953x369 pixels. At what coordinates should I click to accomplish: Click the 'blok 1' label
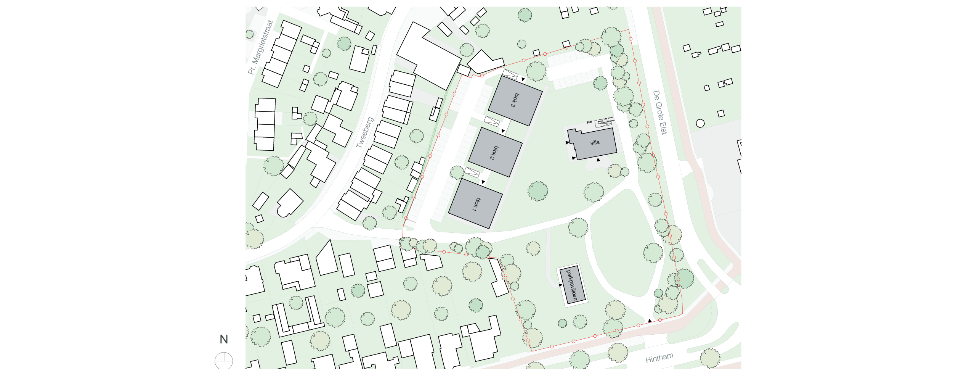pos(476,205)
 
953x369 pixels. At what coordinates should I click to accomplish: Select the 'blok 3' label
pos(515,100)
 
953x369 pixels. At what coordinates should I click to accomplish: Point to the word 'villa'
pos(595,143)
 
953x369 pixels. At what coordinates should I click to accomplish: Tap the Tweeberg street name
pos(364,132)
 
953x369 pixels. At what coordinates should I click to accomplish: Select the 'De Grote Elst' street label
pos(660,112)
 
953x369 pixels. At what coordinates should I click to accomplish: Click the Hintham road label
pos(659,358)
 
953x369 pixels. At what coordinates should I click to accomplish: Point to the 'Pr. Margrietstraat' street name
pos(261,47)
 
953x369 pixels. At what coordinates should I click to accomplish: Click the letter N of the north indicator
pos(224,339)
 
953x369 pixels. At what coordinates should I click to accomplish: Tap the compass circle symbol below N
pos(224,361)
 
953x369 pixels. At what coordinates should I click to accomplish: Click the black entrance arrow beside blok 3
pos(523,79)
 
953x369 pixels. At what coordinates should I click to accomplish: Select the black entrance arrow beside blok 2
pos(503,131)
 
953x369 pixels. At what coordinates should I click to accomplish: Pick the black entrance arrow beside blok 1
pos(483,182)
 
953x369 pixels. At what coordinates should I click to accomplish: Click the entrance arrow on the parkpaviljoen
pos(560,285)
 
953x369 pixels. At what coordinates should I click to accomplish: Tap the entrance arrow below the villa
pos(598,160)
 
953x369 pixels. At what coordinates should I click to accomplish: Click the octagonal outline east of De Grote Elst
pos(700,123)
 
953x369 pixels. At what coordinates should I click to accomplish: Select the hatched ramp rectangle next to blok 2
pos(492,121)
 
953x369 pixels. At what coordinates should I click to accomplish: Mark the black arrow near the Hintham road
pos(650,321)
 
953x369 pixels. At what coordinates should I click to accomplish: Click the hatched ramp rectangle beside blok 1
pos(472,172)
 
